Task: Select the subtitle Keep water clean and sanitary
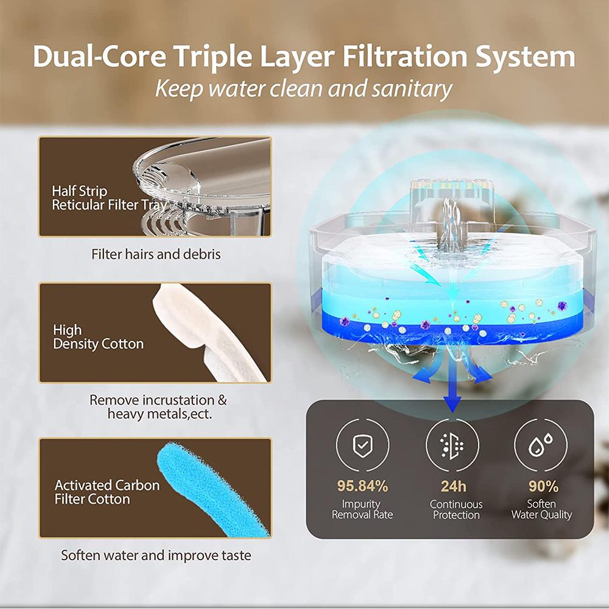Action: [x=303, y=89]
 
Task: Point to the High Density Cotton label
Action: [x=98, y=337]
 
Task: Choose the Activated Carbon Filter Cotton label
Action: [x=107, y=492]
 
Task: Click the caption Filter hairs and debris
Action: [x=156, y=254]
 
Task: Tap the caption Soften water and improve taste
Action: [x=156, y=555]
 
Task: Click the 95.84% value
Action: [x=362, y=486]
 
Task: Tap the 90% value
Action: [x=543, y=486]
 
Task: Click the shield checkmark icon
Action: [x=363, y=446]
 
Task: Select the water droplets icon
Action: [x=543, y=446]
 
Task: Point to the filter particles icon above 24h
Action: [x=453, y=446]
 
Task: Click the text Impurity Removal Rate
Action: [x=362, y=509]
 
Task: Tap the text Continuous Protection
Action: [x=456, y=509]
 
